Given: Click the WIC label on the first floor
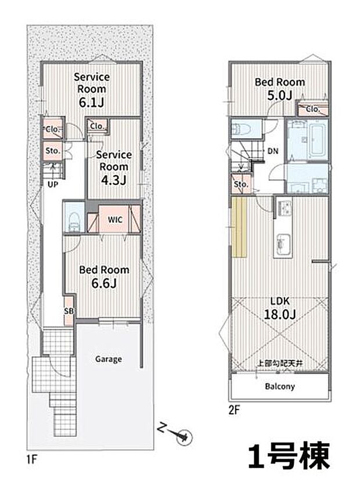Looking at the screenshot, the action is [115, 219].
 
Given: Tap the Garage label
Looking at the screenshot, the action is [109, 359].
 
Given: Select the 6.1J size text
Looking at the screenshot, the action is [91, 102].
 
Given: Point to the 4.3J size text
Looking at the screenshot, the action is [113, 180].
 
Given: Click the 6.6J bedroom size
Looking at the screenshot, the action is [104, 283].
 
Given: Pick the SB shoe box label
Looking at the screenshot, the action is [69, 311].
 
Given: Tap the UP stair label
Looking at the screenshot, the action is [53, 184].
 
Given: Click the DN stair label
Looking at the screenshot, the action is [273, 151].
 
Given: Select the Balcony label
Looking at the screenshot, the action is [280, 386].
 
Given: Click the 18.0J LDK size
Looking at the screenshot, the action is [280, 314].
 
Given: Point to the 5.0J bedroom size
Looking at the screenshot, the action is [280, 95].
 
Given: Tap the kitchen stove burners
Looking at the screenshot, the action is [284, 207].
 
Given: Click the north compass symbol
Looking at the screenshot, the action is [183, 437].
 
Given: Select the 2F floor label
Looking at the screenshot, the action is [234, 410].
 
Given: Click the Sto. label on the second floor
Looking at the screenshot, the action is [241, 184].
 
